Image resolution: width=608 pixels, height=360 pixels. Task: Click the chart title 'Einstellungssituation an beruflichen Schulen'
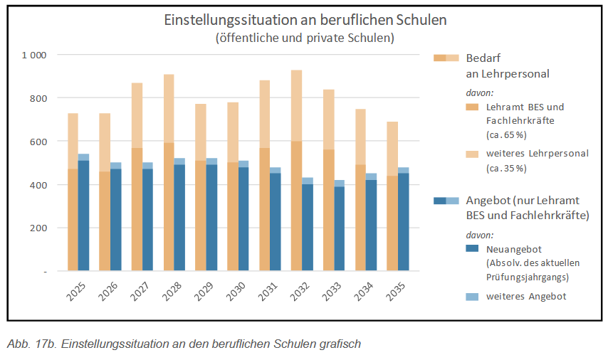click(x=305, y=20)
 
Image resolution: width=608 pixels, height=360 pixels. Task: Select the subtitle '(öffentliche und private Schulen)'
click(x=305, y=37)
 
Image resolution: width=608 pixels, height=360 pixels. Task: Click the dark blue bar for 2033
click(x=340, y=228)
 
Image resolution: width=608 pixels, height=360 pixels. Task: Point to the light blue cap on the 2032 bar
click(x=308, y=181)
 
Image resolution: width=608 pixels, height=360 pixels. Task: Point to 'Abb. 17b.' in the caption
click(x=31, y=344)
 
